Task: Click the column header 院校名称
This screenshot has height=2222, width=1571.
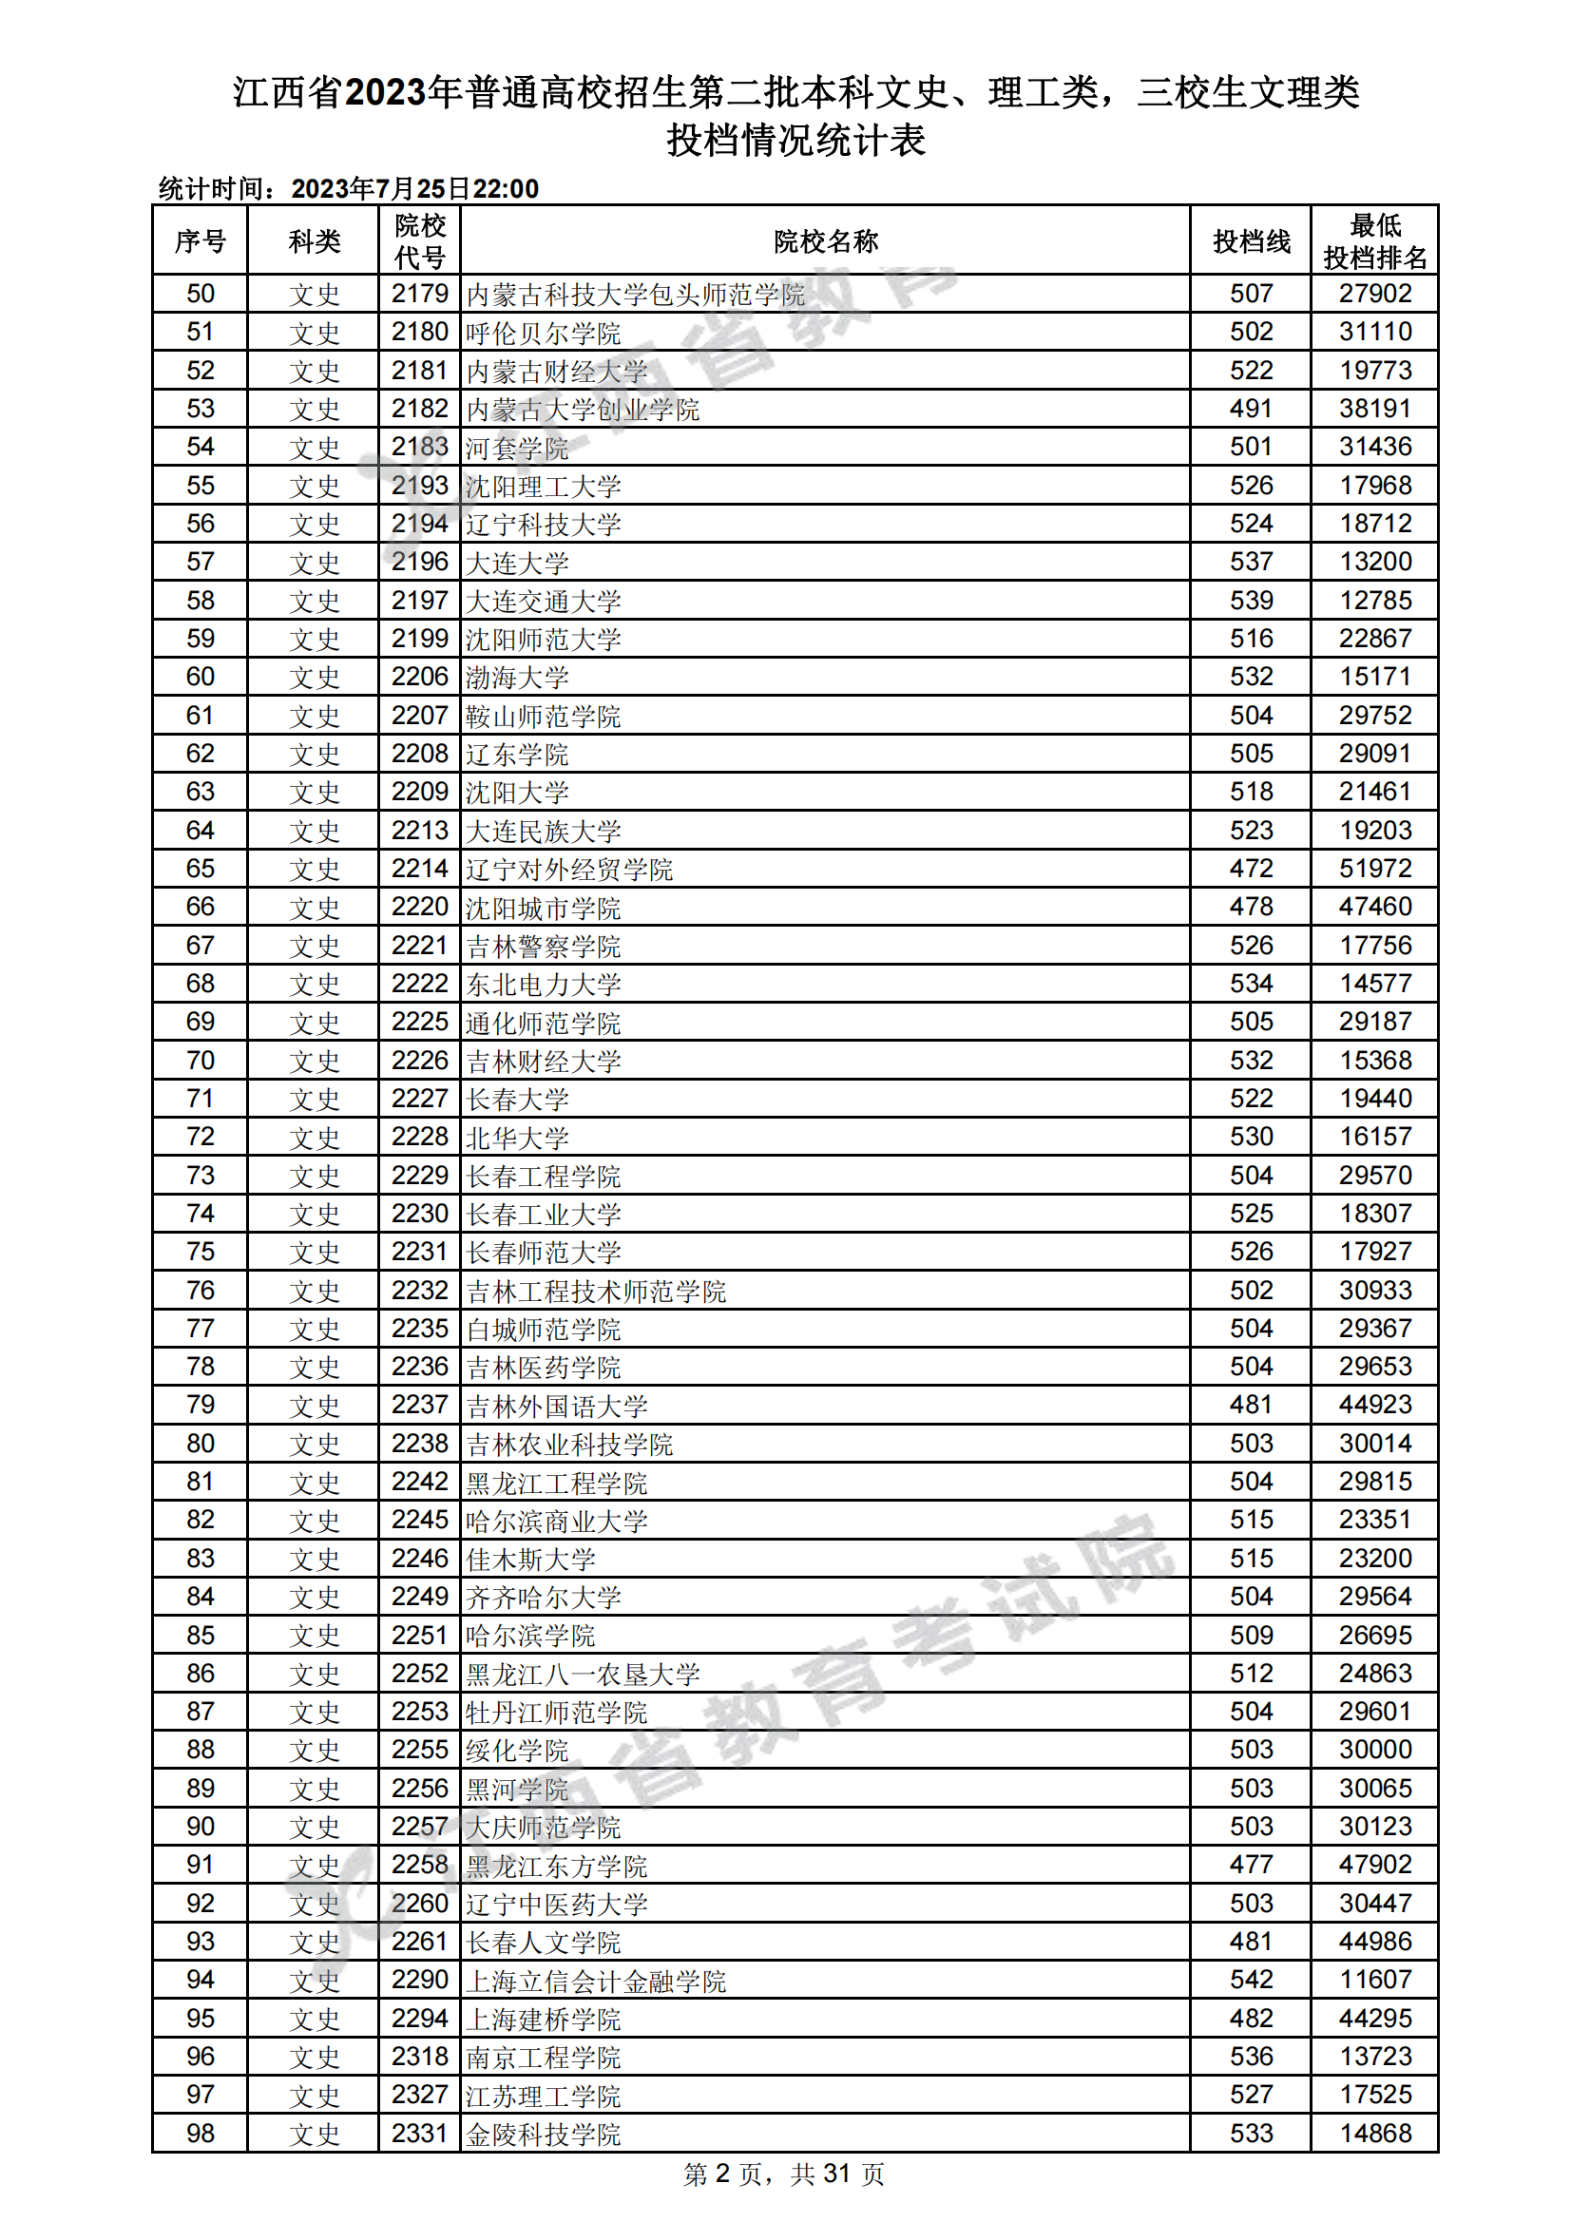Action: (x=825, y=241)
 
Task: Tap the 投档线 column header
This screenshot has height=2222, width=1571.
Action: (x=1251, y=241)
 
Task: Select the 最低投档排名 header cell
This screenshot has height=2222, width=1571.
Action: (x=1374, y=241)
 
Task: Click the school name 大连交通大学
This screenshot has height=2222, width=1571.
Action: (x=543, y=601)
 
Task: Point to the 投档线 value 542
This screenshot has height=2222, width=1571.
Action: (x=1251, y=1980)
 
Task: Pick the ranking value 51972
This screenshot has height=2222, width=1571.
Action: (x=1374, y=869)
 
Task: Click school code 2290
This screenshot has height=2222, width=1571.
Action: (x=419, y=1980)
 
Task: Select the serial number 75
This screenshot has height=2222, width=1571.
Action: (x=201, y=1253)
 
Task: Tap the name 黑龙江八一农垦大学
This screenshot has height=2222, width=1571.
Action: (x=583, y=1675)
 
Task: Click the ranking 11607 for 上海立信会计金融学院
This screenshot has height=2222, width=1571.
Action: (x=1374, y=1980)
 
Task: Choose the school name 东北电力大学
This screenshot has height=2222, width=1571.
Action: (x=543, y=985)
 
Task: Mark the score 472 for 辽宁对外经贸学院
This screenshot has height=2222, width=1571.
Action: (x=1251, y=869)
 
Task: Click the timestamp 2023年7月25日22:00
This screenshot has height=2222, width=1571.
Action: (x=414, y=189)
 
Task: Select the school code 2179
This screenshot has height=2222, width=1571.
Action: (x=419, y=295)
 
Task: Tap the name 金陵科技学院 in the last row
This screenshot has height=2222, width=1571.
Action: (x=543, y=2134)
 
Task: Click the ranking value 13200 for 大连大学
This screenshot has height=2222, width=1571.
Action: (x=1374, y=563)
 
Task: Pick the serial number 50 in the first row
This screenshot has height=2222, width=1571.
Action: (x=201, y=295)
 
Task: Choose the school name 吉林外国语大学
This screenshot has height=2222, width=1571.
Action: (x=557, y=1406)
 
